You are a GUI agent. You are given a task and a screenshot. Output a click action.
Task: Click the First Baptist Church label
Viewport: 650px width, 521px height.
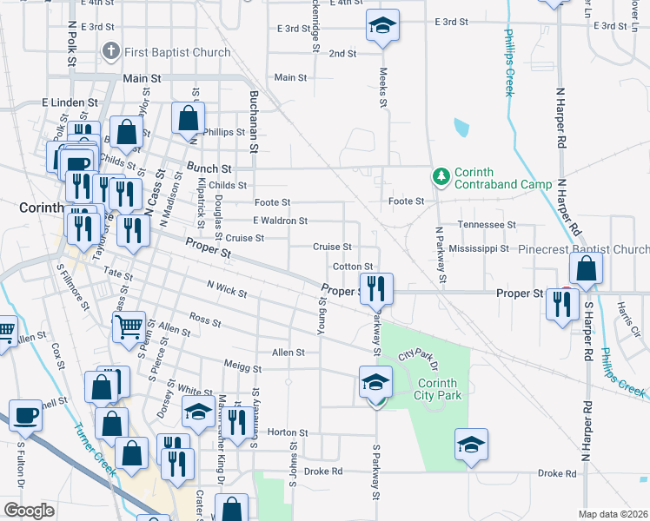177,52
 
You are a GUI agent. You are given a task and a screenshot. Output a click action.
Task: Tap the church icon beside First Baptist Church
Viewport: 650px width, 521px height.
110,52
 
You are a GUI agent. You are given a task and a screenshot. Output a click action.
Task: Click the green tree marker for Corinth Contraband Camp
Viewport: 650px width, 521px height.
441,177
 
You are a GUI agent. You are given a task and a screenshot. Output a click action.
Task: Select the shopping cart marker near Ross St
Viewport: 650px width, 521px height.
129,327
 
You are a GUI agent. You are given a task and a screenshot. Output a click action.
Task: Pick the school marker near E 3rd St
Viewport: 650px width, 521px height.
381,27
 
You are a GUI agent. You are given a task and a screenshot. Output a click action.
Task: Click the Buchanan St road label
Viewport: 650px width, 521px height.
255,122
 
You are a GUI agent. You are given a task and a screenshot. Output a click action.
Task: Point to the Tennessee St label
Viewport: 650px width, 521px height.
487,225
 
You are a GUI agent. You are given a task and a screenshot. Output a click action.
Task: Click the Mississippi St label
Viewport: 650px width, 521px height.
479,248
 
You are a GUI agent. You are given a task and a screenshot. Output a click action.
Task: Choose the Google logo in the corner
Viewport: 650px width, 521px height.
29,511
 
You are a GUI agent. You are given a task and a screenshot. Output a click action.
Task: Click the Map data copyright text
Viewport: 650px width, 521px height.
614,514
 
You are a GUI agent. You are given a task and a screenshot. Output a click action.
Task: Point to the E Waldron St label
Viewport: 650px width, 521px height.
280,221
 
